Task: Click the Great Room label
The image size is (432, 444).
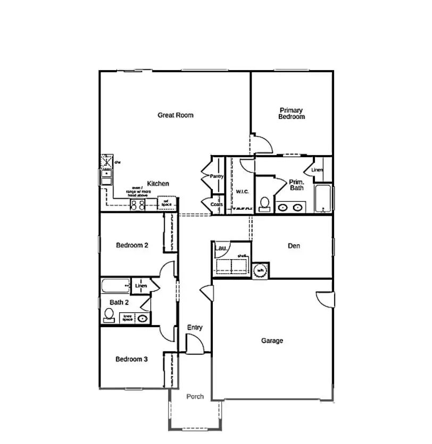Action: click(175, 115)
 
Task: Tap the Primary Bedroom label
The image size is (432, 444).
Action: click(292, 114)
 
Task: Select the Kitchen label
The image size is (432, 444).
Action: click(158, 184)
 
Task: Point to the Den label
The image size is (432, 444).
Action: click(294, 246)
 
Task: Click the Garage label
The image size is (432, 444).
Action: click(272, 341)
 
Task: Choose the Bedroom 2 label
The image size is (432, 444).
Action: click(132, 245)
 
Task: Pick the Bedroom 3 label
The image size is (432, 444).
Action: click(132, 360)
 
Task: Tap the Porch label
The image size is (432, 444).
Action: click(195, 397)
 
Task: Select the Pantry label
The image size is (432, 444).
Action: click(217, 176)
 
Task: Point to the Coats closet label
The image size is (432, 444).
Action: click(217, 204)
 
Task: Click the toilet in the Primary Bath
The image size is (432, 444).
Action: click(264, 204)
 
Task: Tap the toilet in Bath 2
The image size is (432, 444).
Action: click(109, 317)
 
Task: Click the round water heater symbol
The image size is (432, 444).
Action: click(261, 270)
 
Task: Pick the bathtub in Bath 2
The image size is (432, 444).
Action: click(115, 286)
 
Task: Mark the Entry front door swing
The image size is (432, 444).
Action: click(195, 345)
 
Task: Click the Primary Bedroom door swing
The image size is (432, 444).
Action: click(262, 144)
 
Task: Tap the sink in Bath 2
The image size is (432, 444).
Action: click(143, 319)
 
